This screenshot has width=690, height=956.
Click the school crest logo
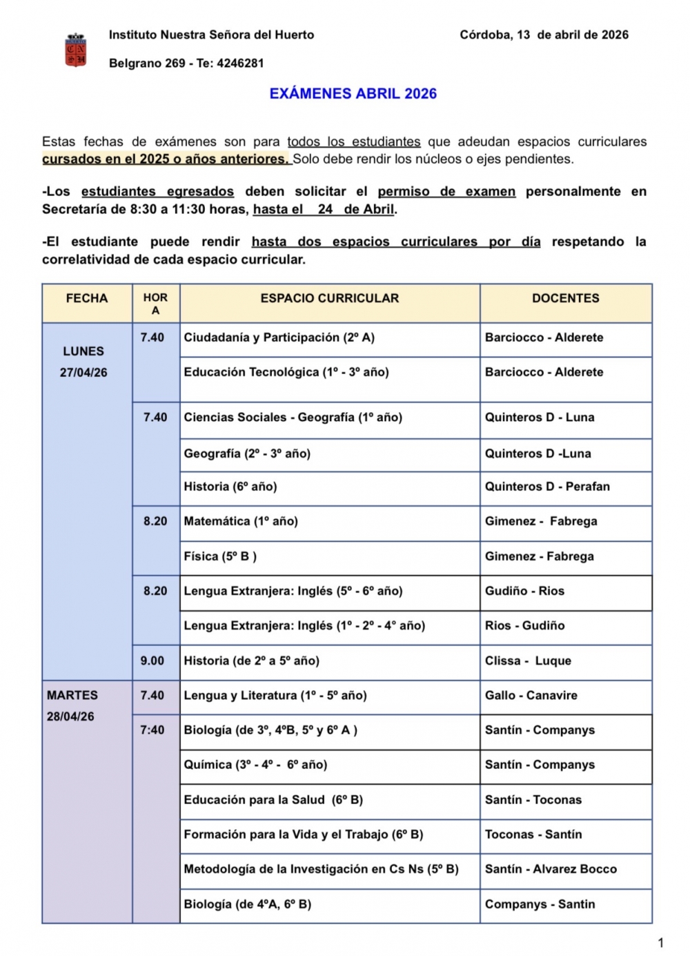(75, 50)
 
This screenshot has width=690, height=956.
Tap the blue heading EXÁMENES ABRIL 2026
(353, 94)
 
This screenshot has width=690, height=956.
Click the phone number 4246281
(240, 64)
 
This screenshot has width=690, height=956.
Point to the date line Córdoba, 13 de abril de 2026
(544, 35)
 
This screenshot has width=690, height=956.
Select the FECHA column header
(87, 298)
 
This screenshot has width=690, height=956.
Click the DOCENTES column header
(565, 298)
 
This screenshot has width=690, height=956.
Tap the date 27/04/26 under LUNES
(83, 373)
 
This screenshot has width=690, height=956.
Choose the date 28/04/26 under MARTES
(70, 716)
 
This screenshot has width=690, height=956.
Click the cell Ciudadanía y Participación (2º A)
(279, 338)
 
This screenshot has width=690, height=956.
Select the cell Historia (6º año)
(230, 487)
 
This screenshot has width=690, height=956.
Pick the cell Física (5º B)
(220, 556)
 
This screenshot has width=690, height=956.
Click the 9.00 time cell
(152, 661)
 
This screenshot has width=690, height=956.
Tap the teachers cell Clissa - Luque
(528, 661)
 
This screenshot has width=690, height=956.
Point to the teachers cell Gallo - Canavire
(531, 696)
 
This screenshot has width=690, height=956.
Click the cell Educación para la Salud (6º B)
(273, 800)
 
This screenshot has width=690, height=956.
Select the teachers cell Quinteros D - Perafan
(547, 487)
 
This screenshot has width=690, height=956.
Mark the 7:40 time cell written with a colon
(152, 730)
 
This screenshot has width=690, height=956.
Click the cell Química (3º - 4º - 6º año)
(255, 765)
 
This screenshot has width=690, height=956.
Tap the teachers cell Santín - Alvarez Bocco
(551, 869)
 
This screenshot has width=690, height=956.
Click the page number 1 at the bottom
(661, 943)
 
